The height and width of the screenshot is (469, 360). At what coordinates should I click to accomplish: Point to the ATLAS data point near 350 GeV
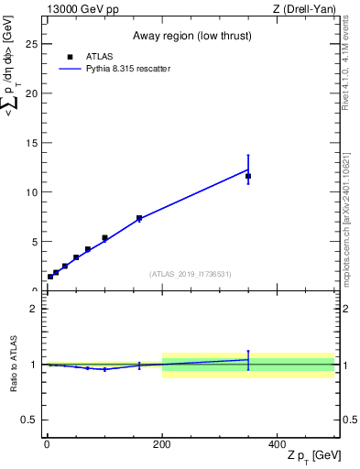[x=248, y=176]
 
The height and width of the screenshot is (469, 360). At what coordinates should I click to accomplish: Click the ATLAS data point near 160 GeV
[x=139, y=218]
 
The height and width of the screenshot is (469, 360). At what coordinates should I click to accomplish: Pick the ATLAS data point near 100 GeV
[x=104, y=238]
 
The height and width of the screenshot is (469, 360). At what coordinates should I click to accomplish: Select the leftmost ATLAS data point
[x=50, y=277]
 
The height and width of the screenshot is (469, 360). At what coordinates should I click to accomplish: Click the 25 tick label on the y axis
[x=30, y=44]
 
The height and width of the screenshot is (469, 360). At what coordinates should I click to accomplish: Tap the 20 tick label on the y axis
[x=30, y=93]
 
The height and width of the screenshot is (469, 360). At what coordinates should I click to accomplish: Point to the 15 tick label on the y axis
[x=30, y=143]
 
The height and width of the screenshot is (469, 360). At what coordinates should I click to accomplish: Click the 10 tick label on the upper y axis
[x=30, y=192]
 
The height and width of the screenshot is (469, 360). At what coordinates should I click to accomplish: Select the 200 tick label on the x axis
[x=162, y=444]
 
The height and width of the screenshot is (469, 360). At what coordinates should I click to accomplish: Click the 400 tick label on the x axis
[x=278, y=444]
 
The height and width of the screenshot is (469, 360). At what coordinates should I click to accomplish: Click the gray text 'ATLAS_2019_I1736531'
[x=191, y=274]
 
